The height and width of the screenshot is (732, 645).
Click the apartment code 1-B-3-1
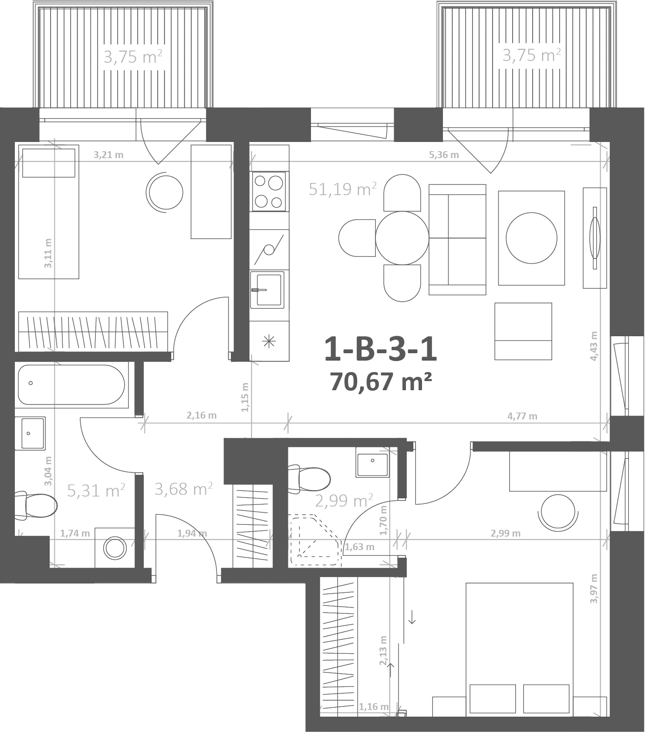[x=381, y=350]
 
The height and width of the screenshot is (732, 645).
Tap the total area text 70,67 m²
[x=381, y=382]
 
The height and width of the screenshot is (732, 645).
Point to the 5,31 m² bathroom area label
[x=96, y=491]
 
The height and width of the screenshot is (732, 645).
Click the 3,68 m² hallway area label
[x=183, y=489]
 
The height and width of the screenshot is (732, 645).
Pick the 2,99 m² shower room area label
[x=344, y=501]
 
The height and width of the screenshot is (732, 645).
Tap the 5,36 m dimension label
[x=444, y=155]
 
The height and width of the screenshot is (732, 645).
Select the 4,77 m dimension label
[x=522, y=416]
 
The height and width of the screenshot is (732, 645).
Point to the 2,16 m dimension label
[x=202, y=415]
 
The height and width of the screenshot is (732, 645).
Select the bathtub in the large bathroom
[x=72, y=385]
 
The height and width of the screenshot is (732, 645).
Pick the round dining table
[x=402, y=238]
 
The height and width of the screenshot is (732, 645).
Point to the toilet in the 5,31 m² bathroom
[x=36, y=506]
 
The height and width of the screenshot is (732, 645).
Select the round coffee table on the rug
[x=531, y=238]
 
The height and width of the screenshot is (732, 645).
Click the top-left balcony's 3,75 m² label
[x=133, y=57]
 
